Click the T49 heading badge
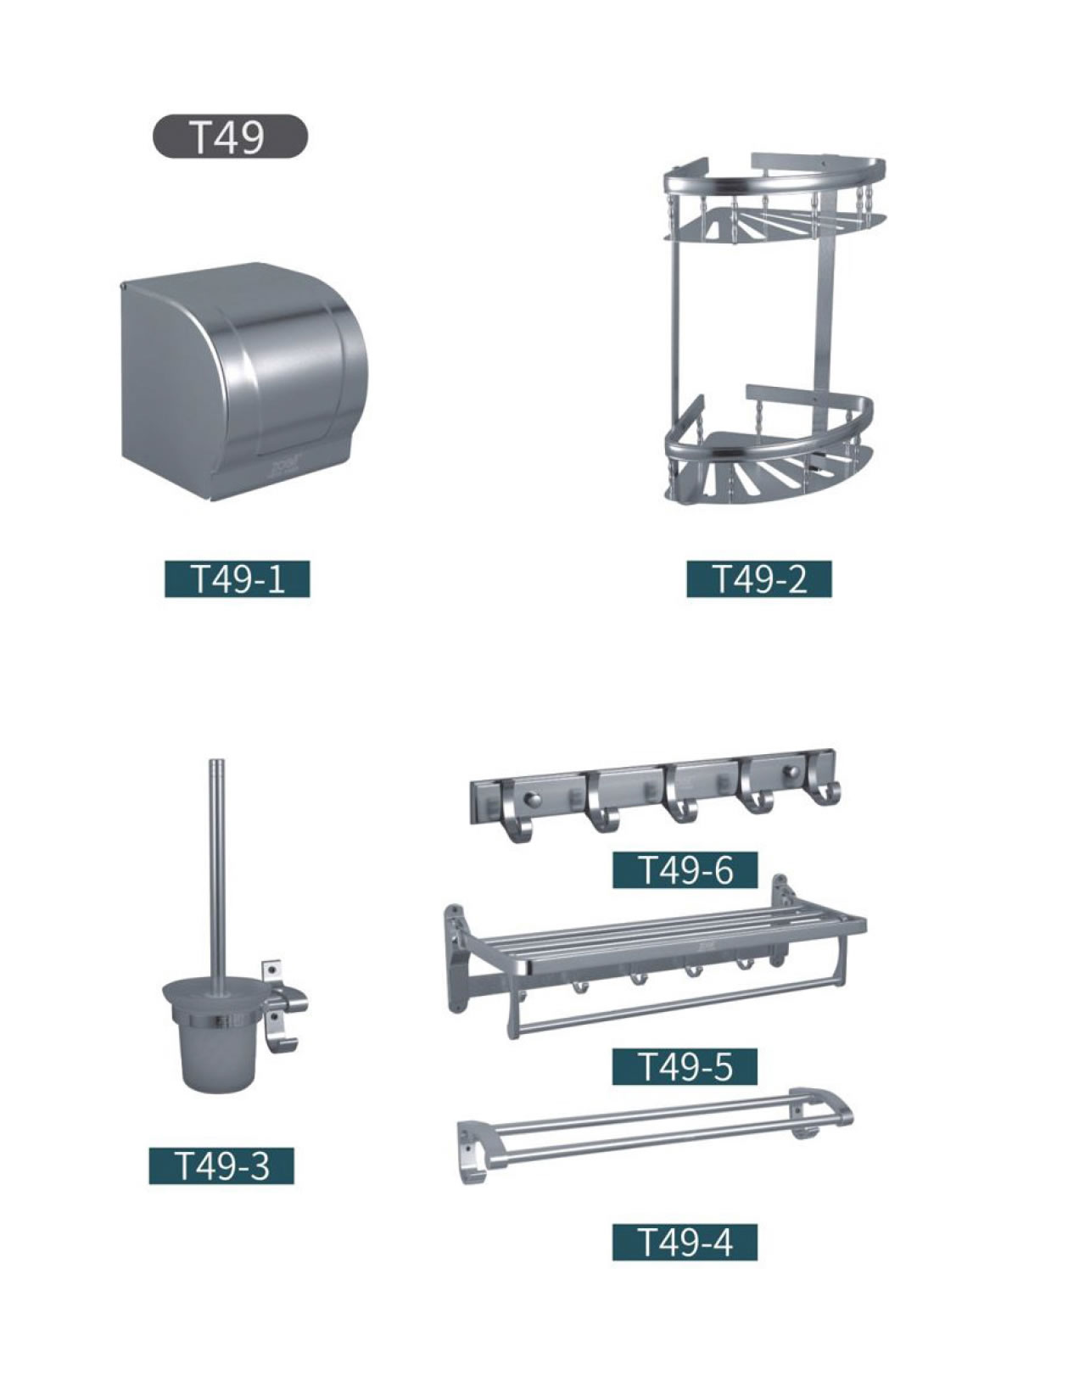(230, 136)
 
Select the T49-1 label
(237, 578)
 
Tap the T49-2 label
(758, 578)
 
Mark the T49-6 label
(685, 869)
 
